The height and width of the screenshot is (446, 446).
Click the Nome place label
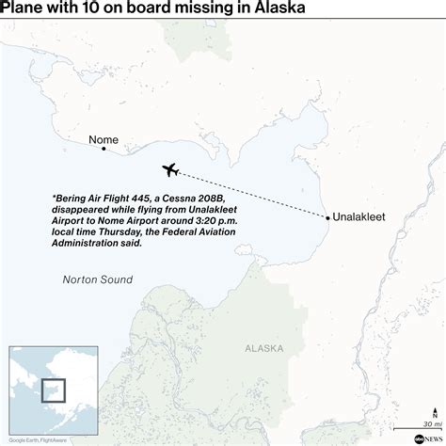103,140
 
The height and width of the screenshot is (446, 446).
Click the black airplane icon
172,170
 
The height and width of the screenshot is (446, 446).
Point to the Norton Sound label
97,279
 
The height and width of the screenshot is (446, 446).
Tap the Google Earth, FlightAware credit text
34,438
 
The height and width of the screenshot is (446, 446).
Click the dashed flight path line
254,195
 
